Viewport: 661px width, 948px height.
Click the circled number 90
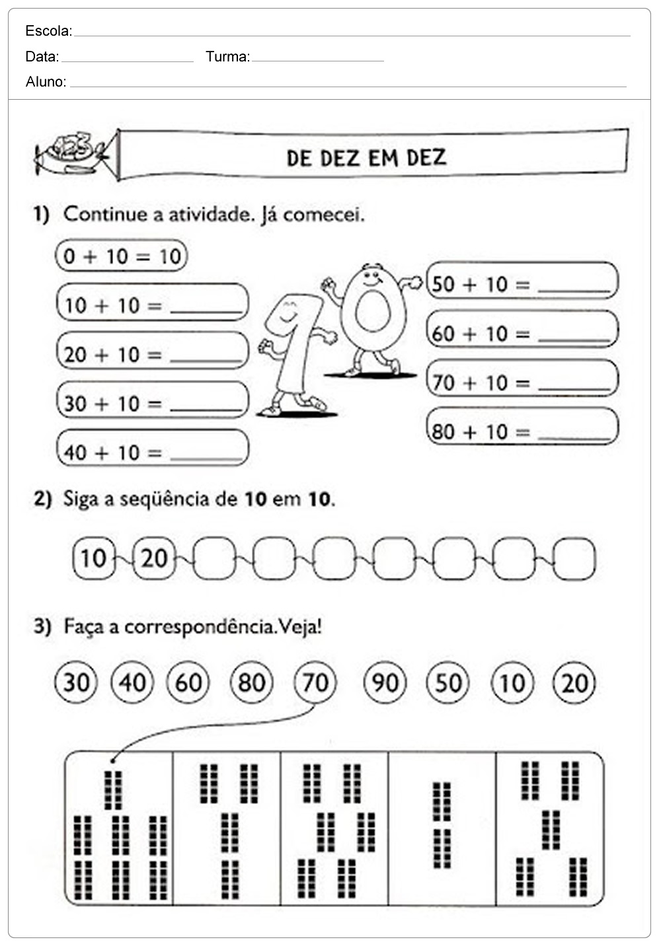385,682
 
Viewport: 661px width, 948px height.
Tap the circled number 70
315,682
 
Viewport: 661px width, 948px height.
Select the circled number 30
76,682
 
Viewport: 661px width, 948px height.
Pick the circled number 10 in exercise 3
512,682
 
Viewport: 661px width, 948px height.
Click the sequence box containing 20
155,558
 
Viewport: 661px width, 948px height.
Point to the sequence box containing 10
93,558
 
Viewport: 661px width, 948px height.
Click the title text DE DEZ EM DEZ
366,158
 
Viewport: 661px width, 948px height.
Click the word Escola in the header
48,31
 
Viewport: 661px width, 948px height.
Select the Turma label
227,57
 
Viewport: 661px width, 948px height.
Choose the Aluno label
45,82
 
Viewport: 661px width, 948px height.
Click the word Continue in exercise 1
105,214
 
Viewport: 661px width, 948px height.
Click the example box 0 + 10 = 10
122,256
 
